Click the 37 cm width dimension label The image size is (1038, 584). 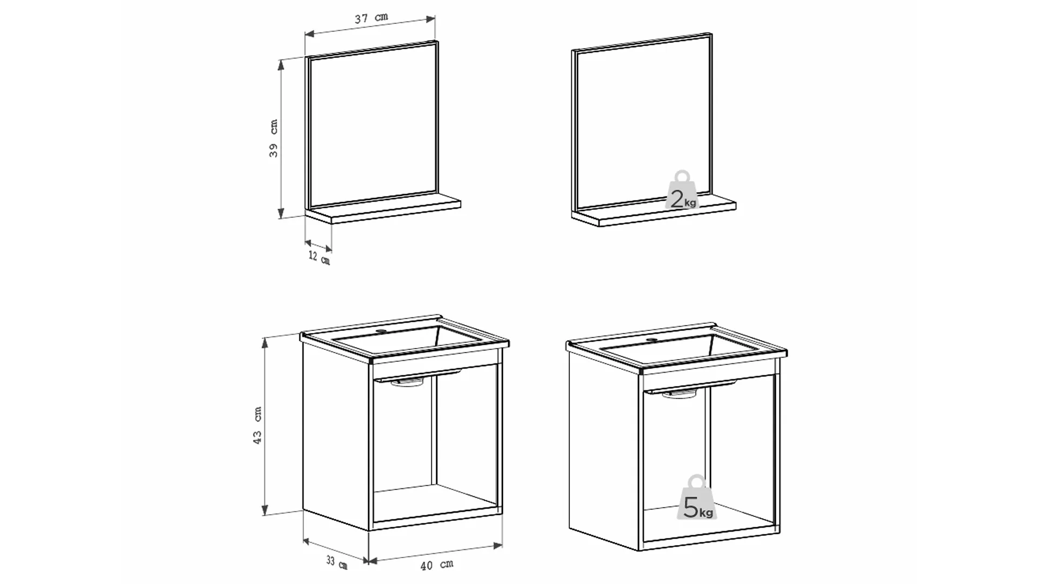tap(371, 18)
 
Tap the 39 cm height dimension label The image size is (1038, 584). tap(274, 138)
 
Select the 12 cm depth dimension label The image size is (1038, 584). tap(320, 258)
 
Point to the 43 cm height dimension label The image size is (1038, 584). tap(258, 426)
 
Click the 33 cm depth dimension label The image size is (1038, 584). tap(337, 563)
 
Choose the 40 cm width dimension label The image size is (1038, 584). tap(437, 565)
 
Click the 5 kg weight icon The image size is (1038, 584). tap(697, 498)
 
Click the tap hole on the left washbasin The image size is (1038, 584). tap(383, 331)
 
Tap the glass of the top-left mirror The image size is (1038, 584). tap(373, 125)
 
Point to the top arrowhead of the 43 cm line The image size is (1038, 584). tap(265, 341)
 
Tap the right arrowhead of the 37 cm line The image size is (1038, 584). tap(431, 19)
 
